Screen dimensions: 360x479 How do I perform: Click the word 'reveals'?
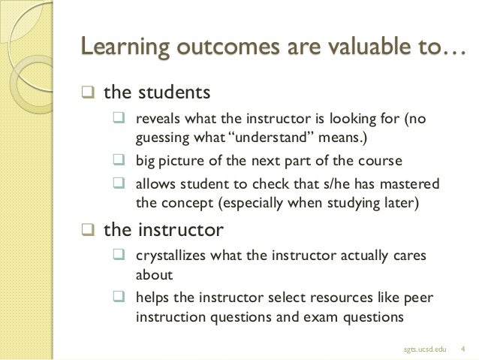point(157,121)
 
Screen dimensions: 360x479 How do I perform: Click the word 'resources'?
point(348,298)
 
